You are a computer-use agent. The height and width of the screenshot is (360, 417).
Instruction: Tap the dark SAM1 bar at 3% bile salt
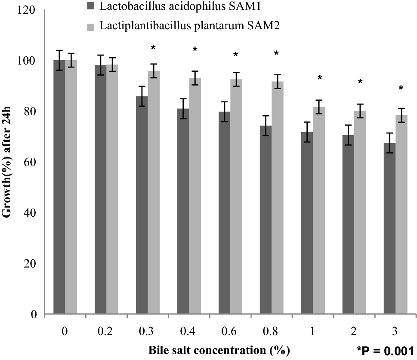(x=389, y=228)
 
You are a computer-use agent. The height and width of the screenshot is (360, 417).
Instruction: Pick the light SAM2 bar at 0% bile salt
(x=71, y=187)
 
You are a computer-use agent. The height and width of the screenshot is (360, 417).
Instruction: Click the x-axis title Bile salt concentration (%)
(x=219, y=348)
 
